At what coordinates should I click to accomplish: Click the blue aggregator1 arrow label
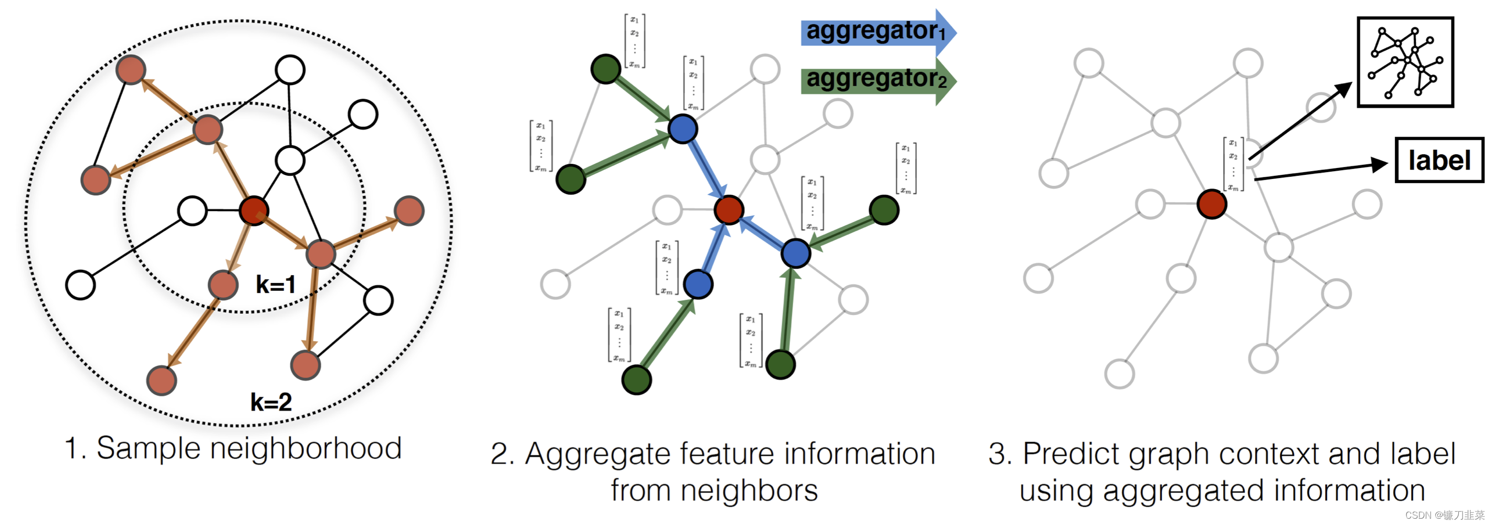pyautogui.click(x=875, y=32)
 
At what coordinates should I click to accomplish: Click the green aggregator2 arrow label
pyautogui.click(x=875, y=79)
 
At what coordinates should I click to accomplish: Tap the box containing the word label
pyautogui.click(x=1439, y=161)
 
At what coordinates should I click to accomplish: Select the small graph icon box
pyautogui.click(x=1405, y=62)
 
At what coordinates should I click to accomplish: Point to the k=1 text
pyautogui.click(x=276, y=285)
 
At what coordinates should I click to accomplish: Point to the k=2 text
pyautogui.click(x=271, y=402)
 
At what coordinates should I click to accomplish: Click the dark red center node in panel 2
pyautogui.click(x=729, y=210)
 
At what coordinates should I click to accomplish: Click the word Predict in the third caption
pyautogui.click(x=1070, y=454)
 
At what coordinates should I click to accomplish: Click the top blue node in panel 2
pyautogui.click(x=683, y=129)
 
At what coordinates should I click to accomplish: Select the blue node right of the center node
pyautogui.click(x=795, y=253)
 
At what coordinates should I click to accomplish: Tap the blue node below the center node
pyautogui.click(x=698, y=285)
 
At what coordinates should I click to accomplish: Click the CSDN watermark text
pyautogui.click(x=1444, y=515)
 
